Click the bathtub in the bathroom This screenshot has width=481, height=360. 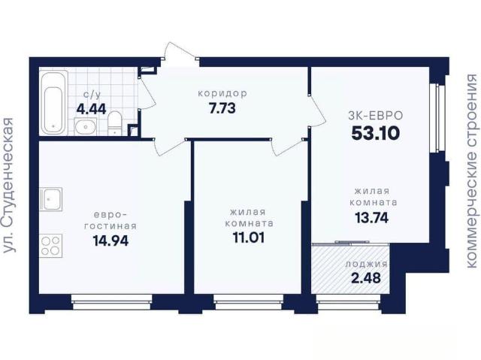(53, 102)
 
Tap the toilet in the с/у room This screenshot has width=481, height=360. (115, 123)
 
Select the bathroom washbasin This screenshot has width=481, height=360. (86, 126)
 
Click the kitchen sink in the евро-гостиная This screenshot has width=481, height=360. (51, 198)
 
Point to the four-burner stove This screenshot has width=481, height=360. (50, 246)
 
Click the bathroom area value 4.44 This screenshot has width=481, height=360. (91, 109)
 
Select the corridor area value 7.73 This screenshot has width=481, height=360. (222, 108)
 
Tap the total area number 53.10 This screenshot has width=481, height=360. (376, 133)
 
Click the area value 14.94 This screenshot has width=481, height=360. (110, 241)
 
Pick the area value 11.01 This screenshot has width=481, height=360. (249, 237)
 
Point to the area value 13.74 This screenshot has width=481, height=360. (371, 218)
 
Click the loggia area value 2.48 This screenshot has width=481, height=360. (366, 278)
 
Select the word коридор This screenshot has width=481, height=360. (222, 93)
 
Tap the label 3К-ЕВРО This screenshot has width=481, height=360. (376, 116)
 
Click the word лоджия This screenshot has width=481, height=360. (366, 264)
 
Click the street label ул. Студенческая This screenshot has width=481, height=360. (9, 185)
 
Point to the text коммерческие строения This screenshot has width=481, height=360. (473, 171)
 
